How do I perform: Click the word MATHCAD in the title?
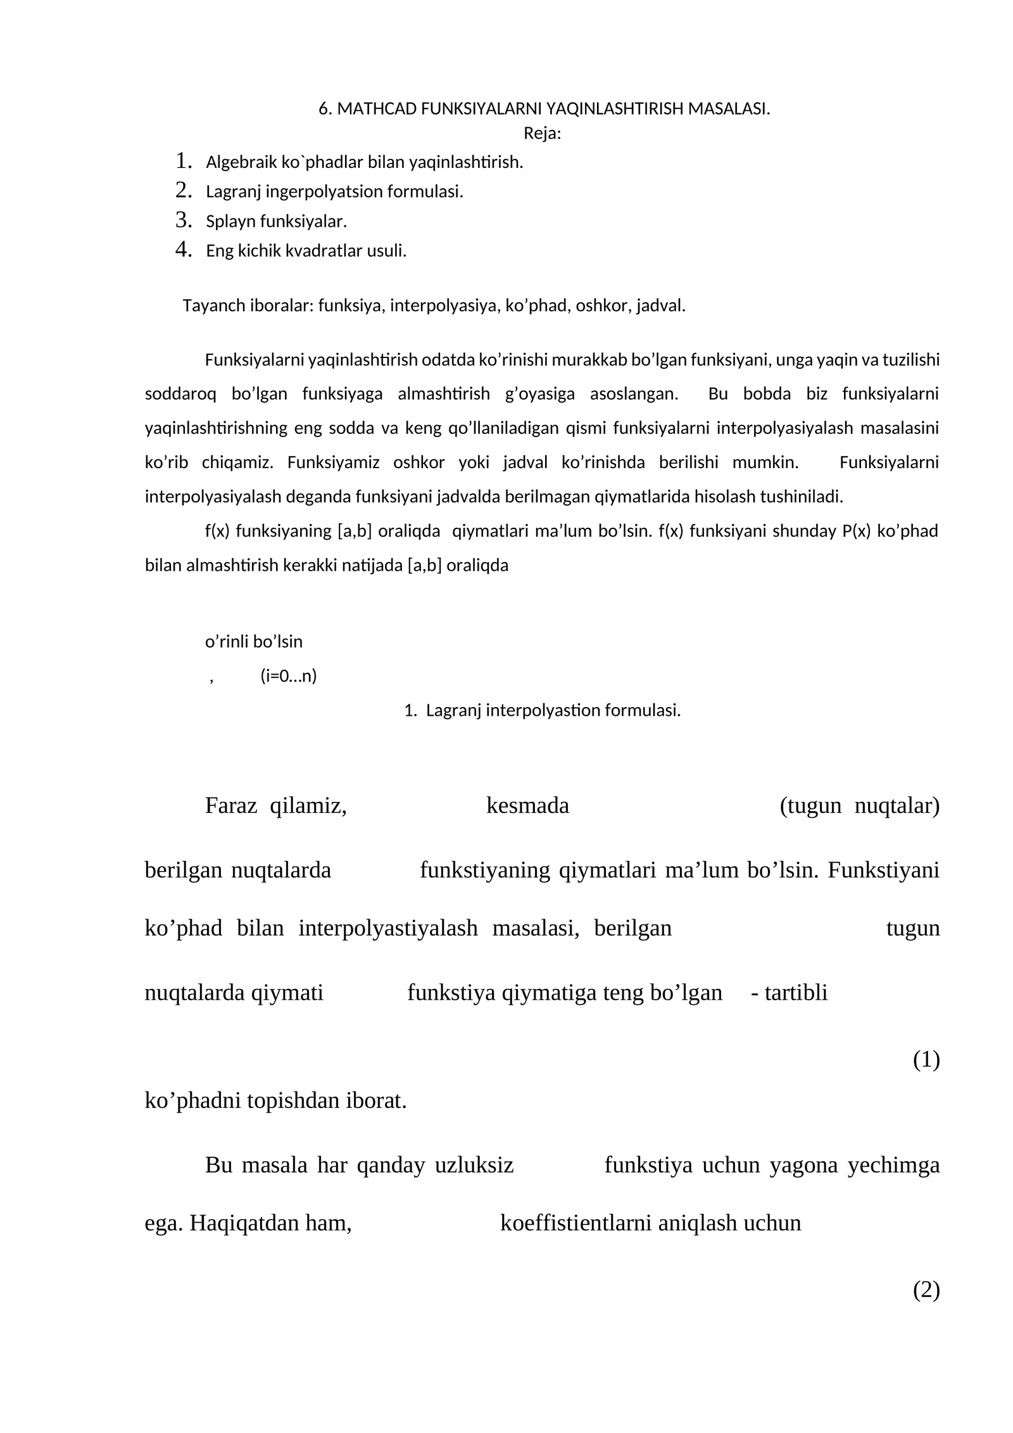point(377,109)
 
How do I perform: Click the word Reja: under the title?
point(542,134)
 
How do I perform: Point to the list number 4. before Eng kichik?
point(184,250)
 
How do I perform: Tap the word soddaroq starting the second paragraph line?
point(180,394)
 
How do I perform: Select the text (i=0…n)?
point(288,676)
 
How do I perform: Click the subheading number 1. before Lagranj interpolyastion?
point(410,710)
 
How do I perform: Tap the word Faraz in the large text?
point(230,806)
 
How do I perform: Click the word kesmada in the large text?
point(527,806)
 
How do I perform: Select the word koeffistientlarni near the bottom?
point(576,1223)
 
